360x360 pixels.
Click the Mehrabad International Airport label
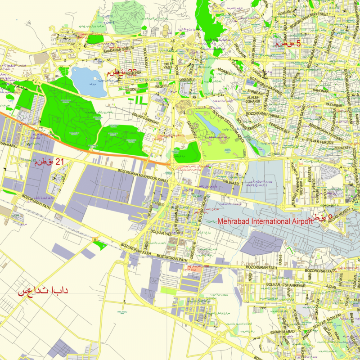[x=265, y=221]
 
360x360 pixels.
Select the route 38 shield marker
[x=95, y=240]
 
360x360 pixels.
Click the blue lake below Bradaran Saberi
[x=88, y=81]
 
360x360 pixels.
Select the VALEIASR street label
[x=230, y=183]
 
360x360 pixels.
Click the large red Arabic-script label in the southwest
[x=43, y=290]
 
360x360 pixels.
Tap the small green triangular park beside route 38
[x=102, y=245]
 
